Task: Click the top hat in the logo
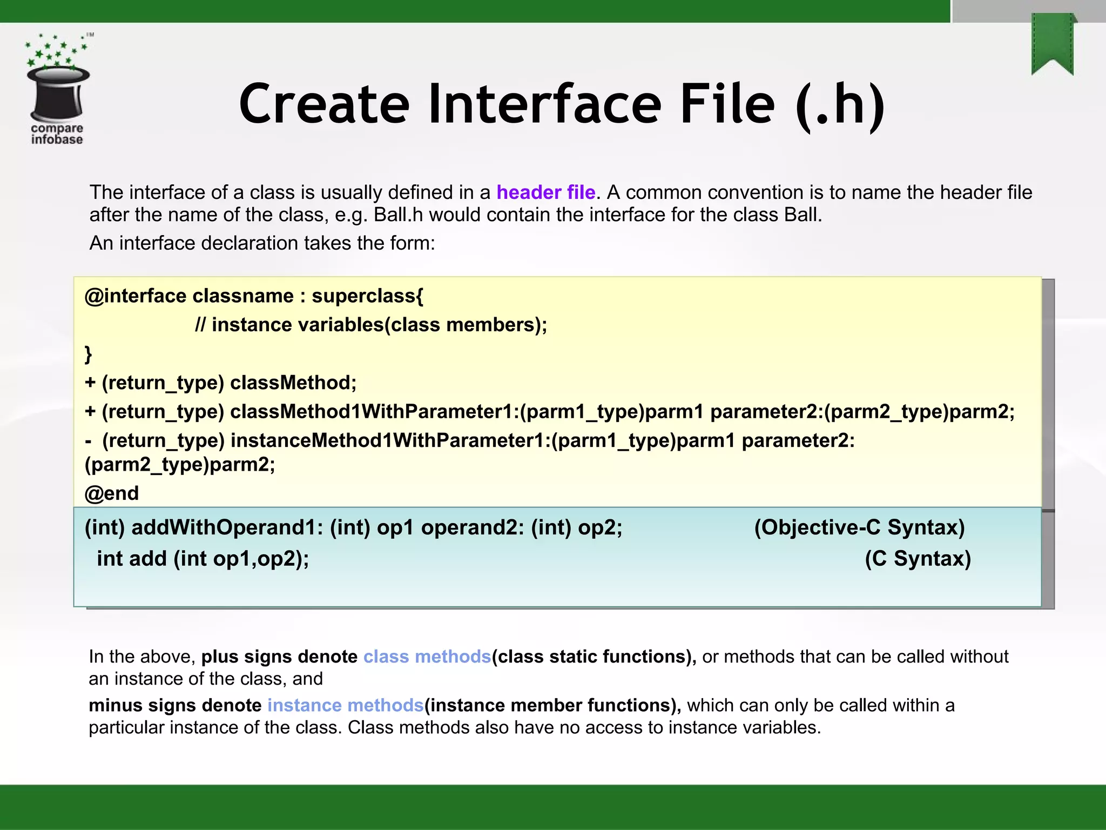58,93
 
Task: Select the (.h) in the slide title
840,104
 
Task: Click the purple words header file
545,192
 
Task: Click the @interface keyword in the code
136,296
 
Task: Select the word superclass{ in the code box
367,296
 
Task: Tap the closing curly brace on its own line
89,354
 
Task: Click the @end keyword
112,493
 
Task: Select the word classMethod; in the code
293,383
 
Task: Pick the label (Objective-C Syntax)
859,527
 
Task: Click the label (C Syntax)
918,559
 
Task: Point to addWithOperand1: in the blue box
227,527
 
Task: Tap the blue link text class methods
427,657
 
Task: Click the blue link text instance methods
346,706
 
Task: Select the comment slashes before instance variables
200,325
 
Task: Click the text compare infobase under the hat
57,134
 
